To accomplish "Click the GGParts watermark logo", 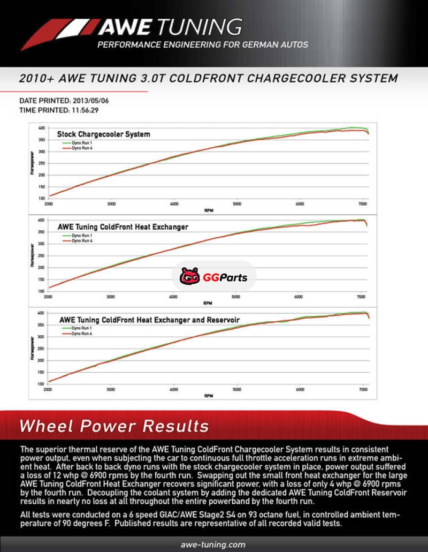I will point(213,276).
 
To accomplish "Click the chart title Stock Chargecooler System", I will point(104,134).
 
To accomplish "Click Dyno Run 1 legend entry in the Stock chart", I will point(81,143).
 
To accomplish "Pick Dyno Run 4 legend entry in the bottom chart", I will point(82,333).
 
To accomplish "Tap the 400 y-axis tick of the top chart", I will point(42,128).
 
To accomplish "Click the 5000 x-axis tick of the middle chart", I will point(236,296).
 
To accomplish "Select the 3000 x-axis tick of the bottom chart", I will point(111,389).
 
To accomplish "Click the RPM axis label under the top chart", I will point(209,210).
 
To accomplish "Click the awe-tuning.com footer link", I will point(213,545).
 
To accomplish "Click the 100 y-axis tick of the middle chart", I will point(41,291).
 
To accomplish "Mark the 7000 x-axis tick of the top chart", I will point(362,204).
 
